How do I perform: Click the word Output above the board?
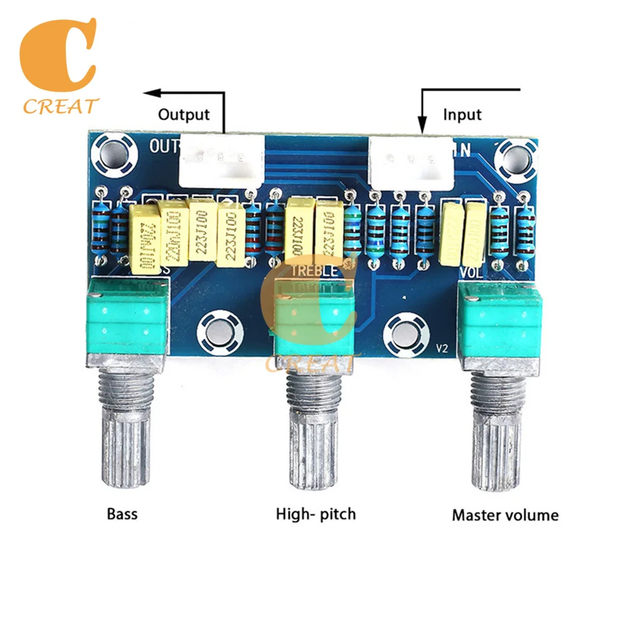(x=183, y=115)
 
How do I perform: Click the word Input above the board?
(x=462, y=115)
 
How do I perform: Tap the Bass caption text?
(x=122, y=515)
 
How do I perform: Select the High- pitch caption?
(x=315, y=515)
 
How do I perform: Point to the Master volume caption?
(x=505, y=516)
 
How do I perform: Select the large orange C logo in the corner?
(x=59, y=56)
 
